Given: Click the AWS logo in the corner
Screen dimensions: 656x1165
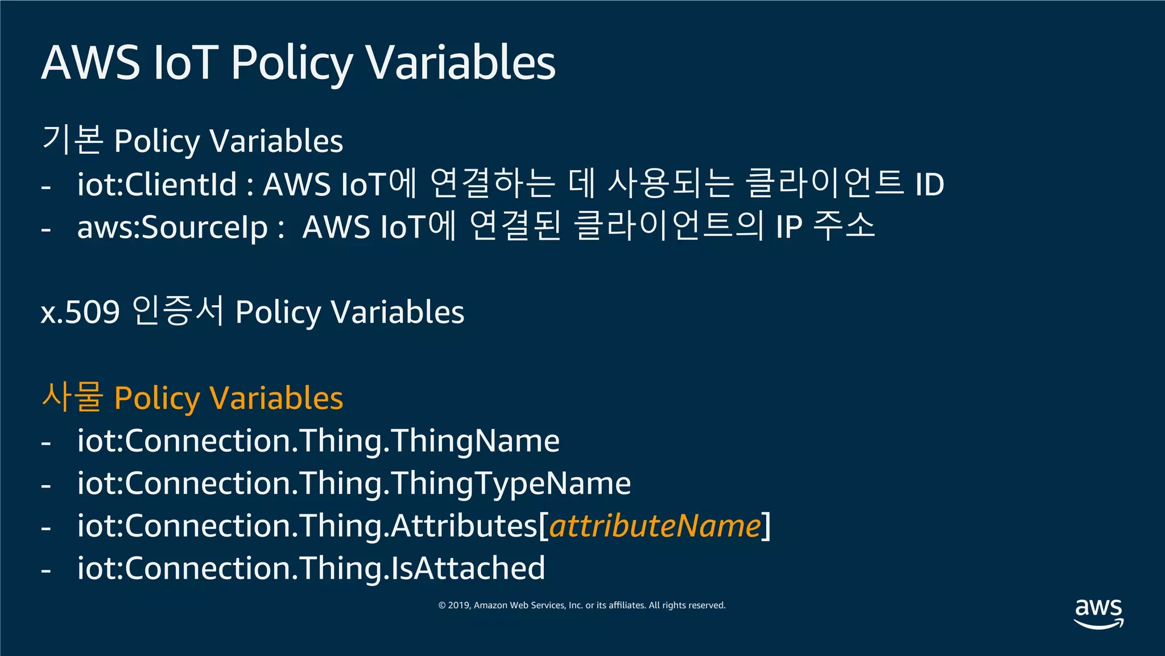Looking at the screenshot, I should click(1098, 613).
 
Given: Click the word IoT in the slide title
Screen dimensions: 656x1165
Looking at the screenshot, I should click(186, 62).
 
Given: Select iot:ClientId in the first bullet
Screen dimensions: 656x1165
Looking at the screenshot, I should click(156, 184).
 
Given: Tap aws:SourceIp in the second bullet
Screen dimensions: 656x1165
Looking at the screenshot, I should click(172, 227).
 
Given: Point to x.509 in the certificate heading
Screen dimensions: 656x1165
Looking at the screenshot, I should click(80, 312).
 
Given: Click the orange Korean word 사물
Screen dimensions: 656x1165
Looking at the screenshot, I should click(72, 397).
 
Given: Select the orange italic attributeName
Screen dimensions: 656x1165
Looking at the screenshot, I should click(655, 526).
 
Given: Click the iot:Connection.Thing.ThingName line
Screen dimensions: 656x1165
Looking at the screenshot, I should click(319, 441).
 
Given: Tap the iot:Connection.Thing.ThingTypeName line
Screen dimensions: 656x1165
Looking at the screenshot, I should click(354, 483).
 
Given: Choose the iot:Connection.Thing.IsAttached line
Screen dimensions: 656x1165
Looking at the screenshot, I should click(311, 568).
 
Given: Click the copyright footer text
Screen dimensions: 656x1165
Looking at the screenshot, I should click(582, 605).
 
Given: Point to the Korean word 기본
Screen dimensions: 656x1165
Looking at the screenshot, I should click(72, 140).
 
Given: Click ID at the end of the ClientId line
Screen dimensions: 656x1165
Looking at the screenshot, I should click(929, 184).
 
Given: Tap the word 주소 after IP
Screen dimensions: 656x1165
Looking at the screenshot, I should click(844, 225).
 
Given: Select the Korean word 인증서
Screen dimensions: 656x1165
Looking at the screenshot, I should click(177, 311).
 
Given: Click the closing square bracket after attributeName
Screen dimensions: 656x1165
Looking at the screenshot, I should click(766, 526).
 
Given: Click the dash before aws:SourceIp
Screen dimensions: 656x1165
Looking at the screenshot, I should click(46, 229).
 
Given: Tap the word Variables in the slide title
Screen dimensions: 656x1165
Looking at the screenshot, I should click(460, 62).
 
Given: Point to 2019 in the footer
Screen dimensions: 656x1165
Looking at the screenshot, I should click(459, 605).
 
